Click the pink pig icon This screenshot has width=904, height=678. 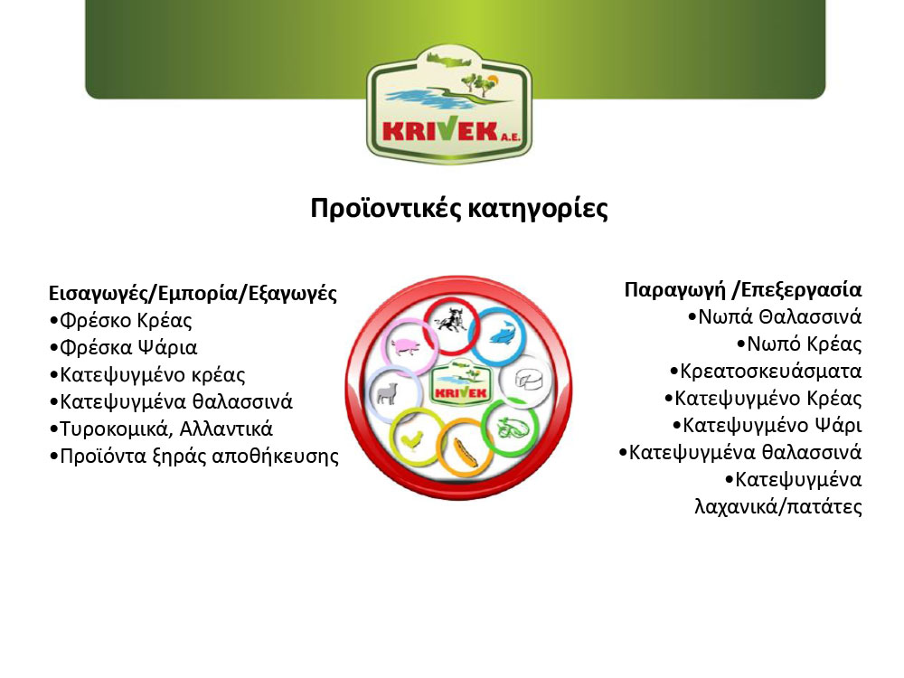point(406,347)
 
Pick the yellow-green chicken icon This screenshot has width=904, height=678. point(411,441)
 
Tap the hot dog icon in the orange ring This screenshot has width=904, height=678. point(465,452)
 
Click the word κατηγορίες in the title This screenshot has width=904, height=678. point(538,209)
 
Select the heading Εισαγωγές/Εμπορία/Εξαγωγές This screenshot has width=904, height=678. point(193,294)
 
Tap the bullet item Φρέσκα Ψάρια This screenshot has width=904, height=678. point(123,348)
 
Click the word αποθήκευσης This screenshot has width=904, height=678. point(275,457)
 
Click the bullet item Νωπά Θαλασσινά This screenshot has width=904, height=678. point(775,317)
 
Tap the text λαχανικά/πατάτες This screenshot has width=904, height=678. point(778,507)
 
